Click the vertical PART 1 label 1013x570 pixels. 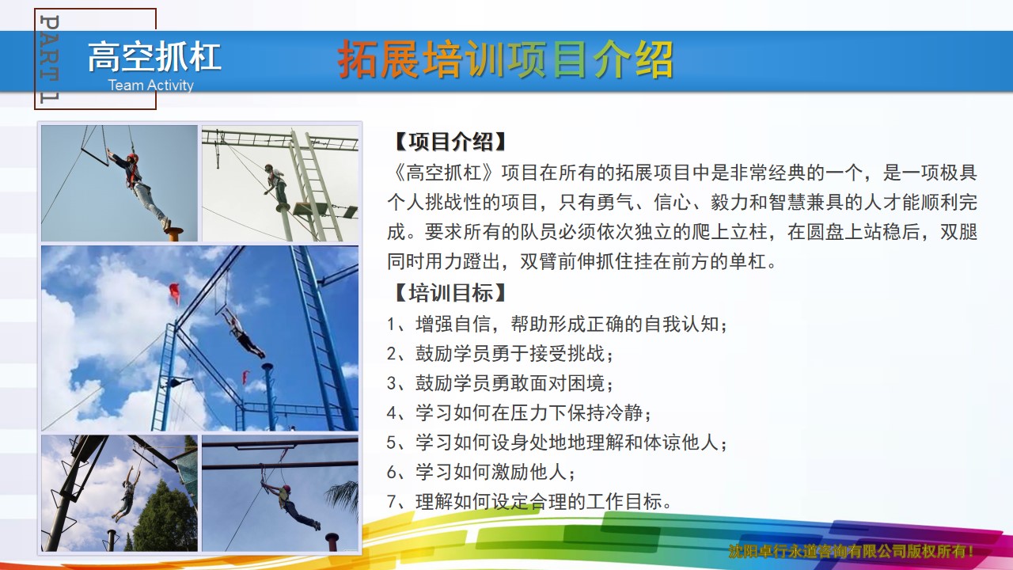tap(49, 59)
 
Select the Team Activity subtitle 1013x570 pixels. tap(151, 85)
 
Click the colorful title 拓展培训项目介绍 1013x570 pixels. tap(506, 59)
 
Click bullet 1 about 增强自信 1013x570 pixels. tap(557, 324)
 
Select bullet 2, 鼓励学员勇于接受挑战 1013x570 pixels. tap(500, 353)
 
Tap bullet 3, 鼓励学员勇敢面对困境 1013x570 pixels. tap(500, 383)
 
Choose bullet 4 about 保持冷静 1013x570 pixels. tap(519, 412)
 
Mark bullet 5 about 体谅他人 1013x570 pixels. tap(557, 442)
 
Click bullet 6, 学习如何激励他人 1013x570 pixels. tap(481, 472)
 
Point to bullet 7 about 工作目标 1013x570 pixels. tap(529, 501)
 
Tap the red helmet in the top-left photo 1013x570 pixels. tap(132, 158)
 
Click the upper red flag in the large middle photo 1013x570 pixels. tap(175, 293)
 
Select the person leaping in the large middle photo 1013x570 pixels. tap(243, 333)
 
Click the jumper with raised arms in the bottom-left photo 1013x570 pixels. tap(127, 493)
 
